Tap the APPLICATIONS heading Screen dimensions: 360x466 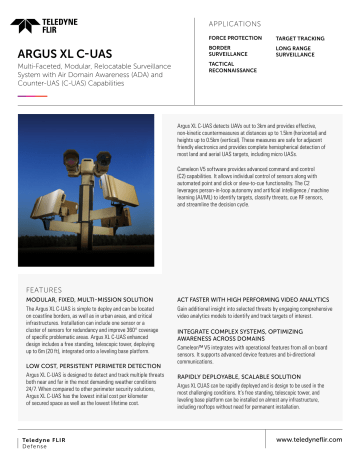point(209,20)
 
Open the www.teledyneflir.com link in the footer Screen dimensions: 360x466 point(306,438)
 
